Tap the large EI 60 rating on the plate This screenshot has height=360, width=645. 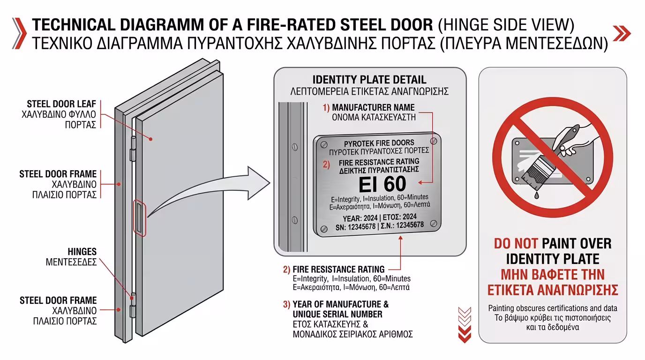pos(382,184)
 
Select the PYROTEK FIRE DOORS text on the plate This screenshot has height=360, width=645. pos(379,142)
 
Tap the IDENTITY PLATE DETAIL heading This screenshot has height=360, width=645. pos(369,80)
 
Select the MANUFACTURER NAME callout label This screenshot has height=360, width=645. pos(373,107)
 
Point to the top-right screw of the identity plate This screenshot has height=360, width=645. pos(434,141)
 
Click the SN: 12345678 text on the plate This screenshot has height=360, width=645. pos(346,227)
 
